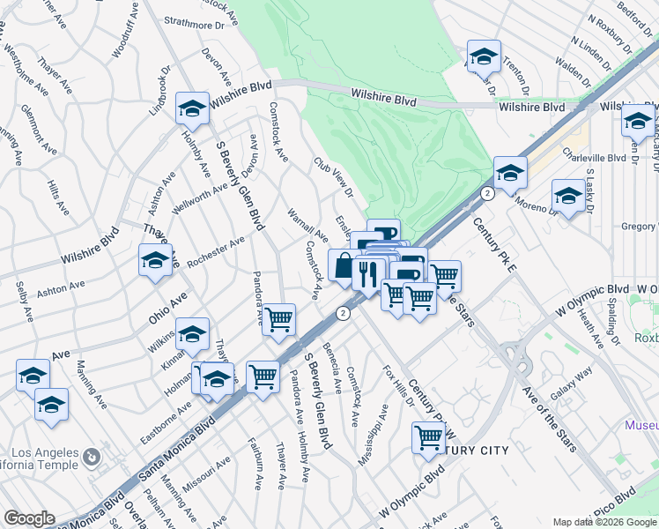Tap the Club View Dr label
click(x=334, y=176)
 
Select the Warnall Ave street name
click(x=307, y=226)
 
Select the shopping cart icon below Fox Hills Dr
click(x=429, y=436)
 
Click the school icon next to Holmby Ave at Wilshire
click(x=192, y=108)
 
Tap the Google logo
click(x=29, y=518)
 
